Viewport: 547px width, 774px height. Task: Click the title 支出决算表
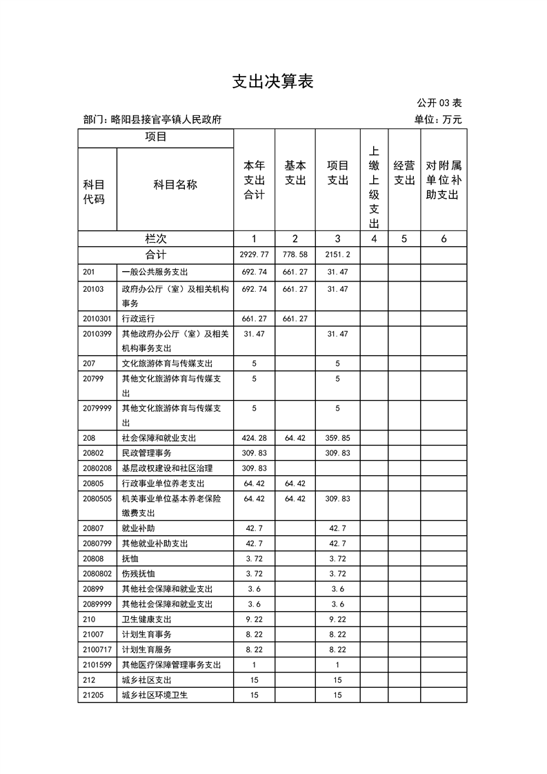[272, 81]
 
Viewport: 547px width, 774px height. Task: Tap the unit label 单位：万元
[438, 119]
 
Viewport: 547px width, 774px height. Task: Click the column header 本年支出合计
[254, 180]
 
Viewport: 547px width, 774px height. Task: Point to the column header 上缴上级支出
[374, 187]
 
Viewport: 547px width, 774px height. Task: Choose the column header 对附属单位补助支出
[443, 180]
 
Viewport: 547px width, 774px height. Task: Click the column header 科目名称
[175, 184]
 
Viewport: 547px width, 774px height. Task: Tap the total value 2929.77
[254, 255]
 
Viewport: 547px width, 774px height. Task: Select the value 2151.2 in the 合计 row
[337, 255]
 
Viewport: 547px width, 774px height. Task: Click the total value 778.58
[295, 255]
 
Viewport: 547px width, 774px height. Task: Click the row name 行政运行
[138, 319]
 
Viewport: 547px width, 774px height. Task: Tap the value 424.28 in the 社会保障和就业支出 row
[254, 438]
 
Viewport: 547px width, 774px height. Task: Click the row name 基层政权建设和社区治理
[167, 468]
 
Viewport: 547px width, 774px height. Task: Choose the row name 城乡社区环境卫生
[155, 695]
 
